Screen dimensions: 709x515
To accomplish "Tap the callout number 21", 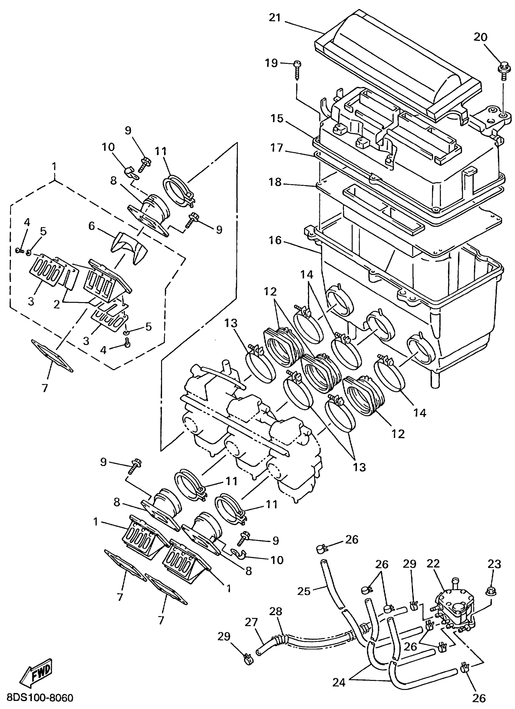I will click(x=275, y=18).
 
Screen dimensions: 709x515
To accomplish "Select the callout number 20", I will click(x=480, y=37).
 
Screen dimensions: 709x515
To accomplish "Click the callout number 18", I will click(x=276, y=182).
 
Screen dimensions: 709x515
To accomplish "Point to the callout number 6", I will click(x=91, y=226).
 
